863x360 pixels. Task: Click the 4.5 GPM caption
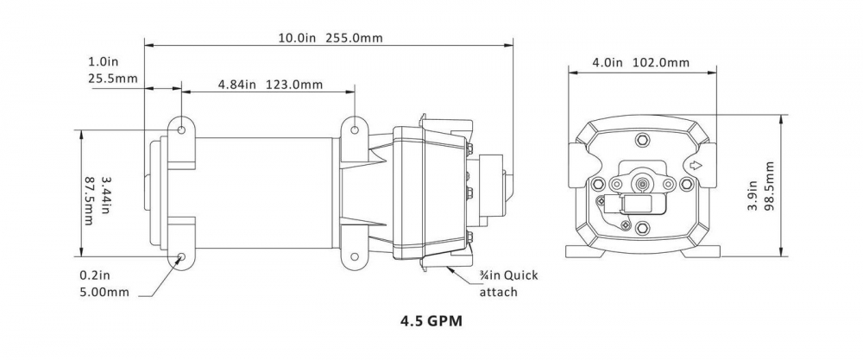click(x=431, y=321)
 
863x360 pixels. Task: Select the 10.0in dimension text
click(x=296, y=38)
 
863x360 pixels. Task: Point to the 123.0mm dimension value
click(x=294, y=85)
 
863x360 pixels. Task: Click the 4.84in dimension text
click(x=237, y=85)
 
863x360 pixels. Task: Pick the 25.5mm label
click(x=113, y=79)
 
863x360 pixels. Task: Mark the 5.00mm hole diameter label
click(x=105, y=292)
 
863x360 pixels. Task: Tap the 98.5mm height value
click(x=769, y=186)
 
